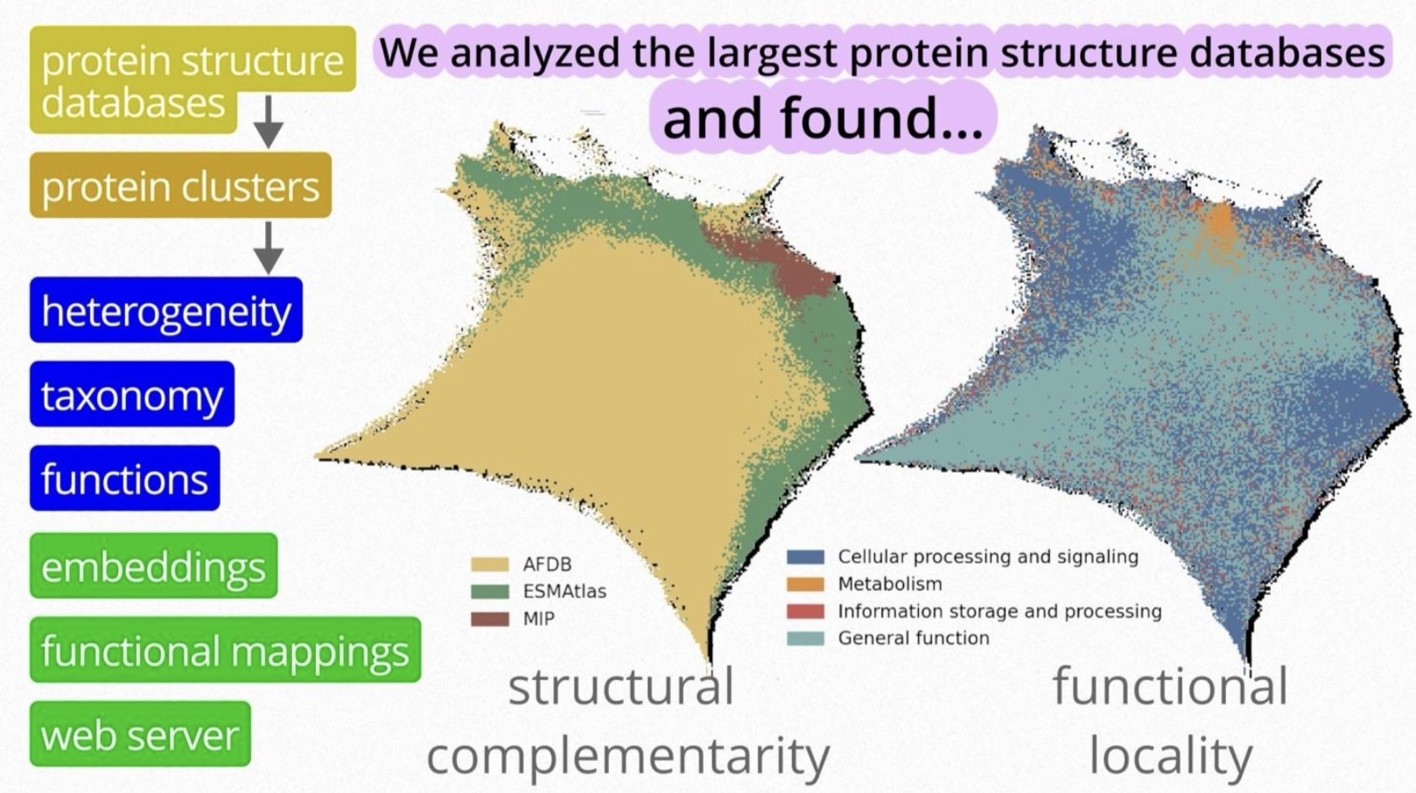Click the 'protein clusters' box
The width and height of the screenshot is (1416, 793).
click(180, 186)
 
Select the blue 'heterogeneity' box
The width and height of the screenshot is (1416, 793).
click(166, 311)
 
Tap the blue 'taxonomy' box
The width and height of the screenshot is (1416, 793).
click(132, 395)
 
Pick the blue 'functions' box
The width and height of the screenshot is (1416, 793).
click(124, 479)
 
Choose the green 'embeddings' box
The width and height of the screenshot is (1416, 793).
click(153, 566)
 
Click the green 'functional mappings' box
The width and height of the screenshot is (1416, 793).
click(225, 650)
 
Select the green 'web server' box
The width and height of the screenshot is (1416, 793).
click(140, 734)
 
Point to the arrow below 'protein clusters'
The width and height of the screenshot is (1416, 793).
click(269, 248)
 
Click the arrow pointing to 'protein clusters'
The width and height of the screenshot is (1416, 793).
click(269, 121)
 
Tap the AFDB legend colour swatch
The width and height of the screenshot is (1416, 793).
click(489, 565)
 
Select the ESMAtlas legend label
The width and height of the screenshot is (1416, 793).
click(564, 592)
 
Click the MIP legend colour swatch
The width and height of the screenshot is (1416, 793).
click(489, 619)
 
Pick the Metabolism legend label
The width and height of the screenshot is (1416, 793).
click(890, 584)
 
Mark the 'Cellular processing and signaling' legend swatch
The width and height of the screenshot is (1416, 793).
click(805, 557)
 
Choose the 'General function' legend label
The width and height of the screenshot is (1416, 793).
click(914, 638)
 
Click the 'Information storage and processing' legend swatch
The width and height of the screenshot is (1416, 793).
click(805, 611)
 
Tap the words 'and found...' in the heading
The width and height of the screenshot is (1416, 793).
click(823, 117)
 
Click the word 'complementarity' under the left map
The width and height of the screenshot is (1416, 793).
click(627, 756)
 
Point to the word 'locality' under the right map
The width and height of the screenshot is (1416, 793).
click(1170, 756)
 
